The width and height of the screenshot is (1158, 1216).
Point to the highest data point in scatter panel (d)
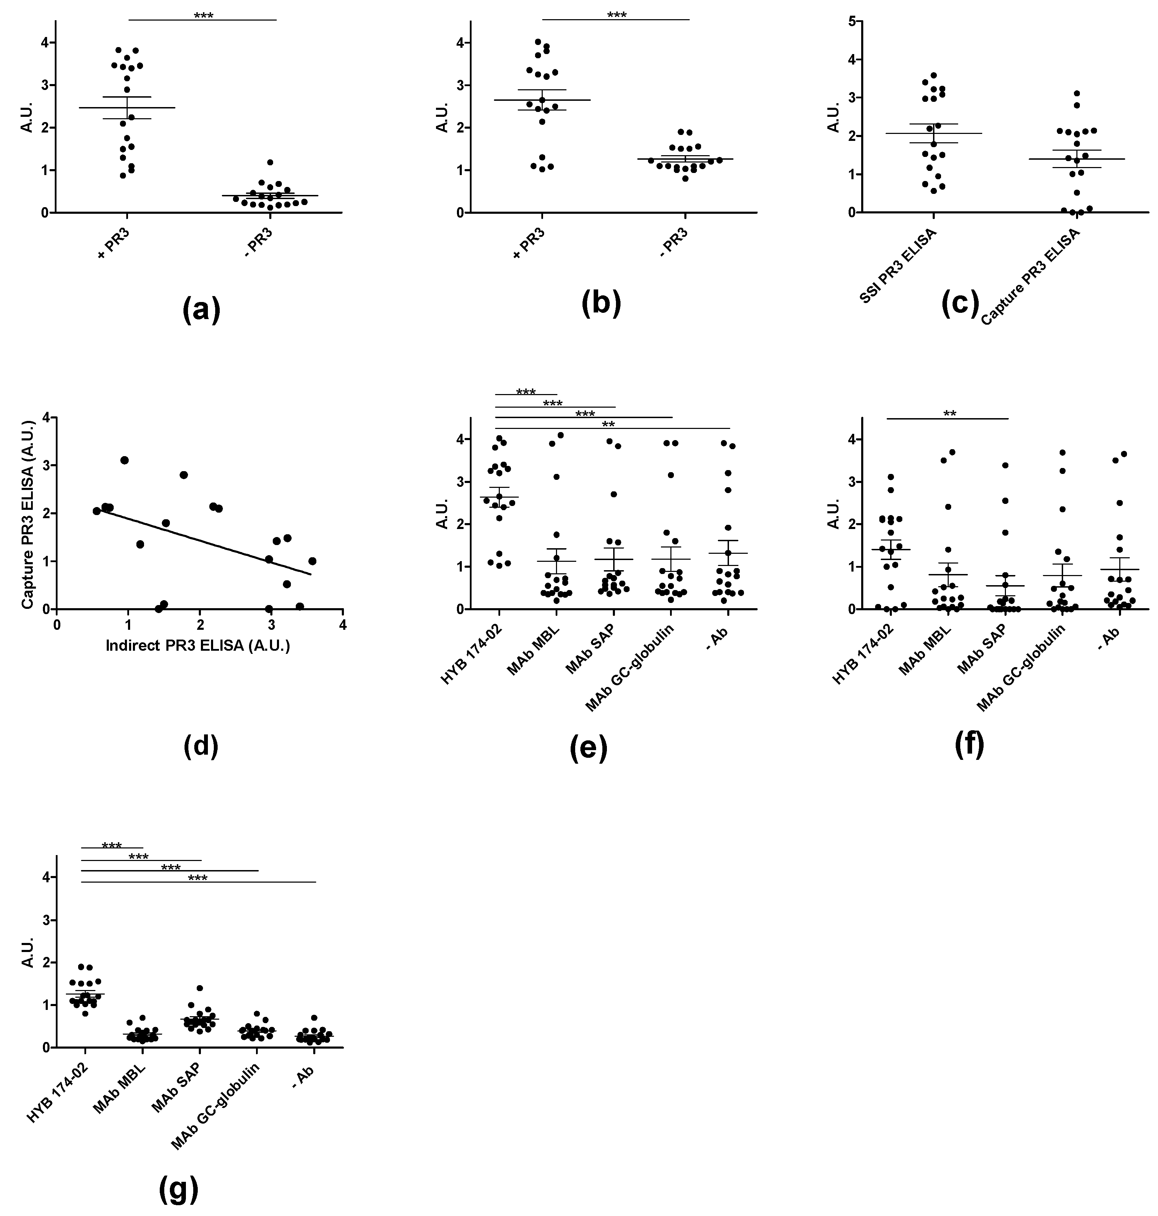point(124,460)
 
